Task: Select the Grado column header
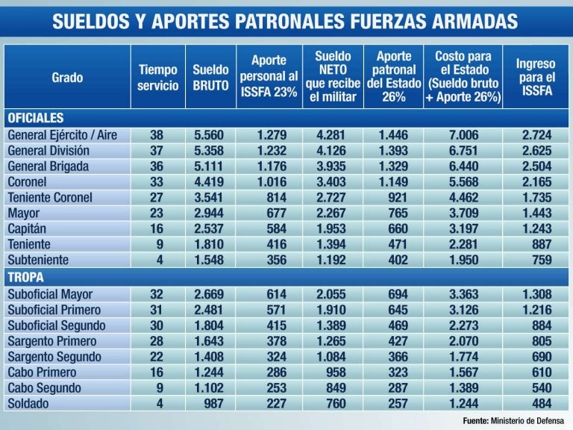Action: [67, 77]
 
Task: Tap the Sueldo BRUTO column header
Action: [210, 77]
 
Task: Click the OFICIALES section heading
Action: [35, 118]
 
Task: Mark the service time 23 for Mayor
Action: [157, 213]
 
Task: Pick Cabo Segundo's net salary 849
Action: [331, 388]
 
